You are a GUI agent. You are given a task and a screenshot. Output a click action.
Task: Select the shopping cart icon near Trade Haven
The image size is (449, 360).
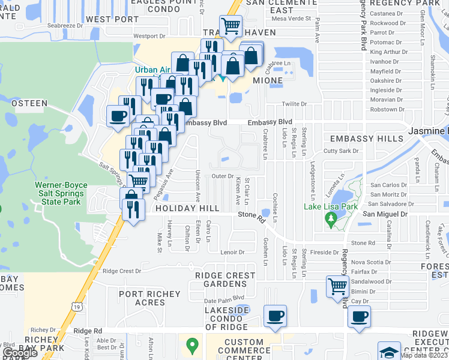[231, 26]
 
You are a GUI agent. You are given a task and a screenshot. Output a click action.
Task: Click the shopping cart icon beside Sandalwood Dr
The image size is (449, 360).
[337, 286]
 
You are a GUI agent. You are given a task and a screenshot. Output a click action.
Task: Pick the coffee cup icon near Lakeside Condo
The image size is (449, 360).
[275, 316]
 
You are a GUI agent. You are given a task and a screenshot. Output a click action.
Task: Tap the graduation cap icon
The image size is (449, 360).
[389, 352]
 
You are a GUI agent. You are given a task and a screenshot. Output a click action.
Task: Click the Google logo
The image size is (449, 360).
[20, 353]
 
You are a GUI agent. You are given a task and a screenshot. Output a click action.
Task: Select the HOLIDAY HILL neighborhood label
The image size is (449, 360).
[184, 208]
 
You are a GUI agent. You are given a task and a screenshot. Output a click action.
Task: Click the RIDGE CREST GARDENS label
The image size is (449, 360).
[225, 280]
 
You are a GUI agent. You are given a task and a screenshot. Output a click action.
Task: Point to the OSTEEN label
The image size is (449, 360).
[29, 103]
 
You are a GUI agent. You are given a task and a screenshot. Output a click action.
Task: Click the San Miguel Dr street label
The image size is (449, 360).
[384, 214]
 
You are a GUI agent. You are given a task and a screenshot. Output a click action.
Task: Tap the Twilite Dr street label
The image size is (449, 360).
[294, 104]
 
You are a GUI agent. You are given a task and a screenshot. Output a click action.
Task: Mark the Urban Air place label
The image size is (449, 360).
[149, 70]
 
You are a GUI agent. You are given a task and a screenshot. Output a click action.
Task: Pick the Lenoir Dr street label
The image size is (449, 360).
[233, 253]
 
